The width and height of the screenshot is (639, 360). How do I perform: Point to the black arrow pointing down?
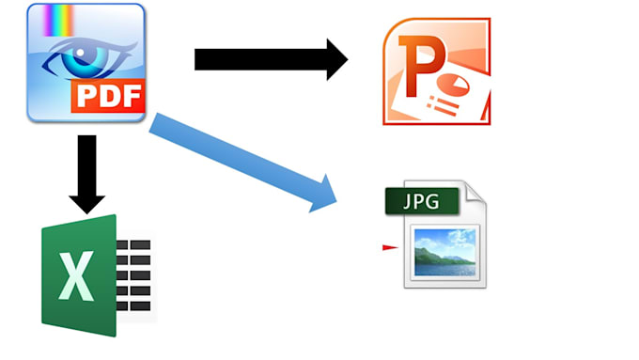(x=86, y=173)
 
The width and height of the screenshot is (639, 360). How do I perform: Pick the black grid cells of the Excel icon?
(x=133, y=274)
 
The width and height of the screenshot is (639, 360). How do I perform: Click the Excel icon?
(x=94, y=275)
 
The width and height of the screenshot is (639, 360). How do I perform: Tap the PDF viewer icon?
(x=86, y=62)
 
